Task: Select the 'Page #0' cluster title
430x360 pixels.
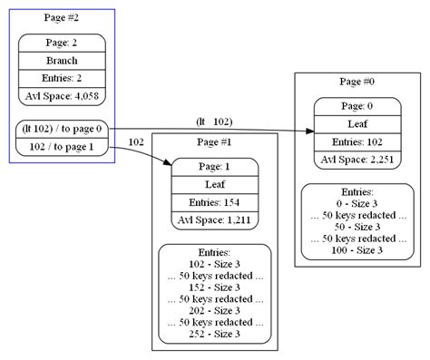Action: coord(357,82)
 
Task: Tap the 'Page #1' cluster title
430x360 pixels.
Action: coord(214,142)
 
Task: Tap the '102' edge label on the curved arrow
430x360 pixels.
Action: coord(137,142)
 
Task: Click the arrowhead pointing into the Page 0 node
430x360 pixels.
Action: coord(308,132)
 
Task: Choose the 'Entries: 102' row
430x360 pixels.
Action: coord(357,141)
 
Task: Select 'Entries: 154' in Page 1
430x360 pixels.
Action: coord(214,201)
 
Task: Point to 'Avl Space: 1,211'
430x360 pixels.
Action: coord(214,219)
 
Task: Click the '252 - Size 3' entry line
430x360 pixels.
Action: coord(214,334)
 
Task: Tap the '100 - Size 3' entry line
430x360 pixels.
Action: coord(357,248)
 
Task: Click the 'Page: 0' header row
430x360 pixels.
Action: coord(357,106)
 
